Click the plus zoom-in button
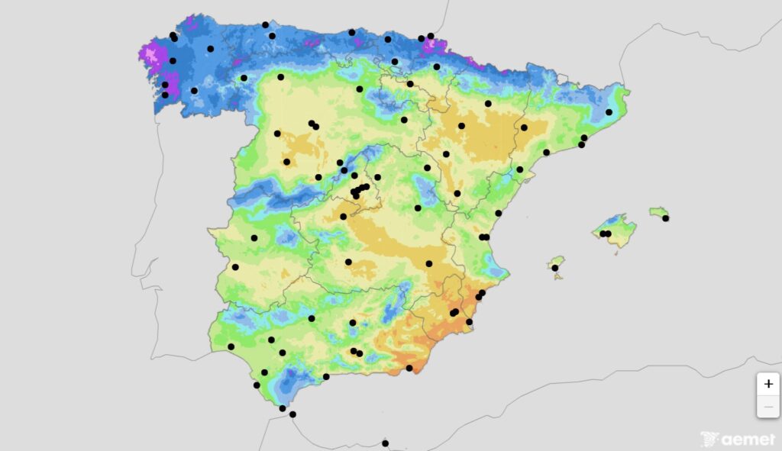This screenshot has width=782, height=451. [x=767, y=384]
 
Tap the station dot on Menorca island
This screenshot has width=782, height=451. [x=666, y=218]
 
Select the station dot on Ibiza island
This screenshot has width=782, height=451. [x=555, y=268]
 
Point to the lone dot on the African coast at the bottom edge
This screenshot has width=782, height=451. [x=385, y=443]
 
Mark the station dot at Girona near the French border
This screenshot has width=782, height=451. [x=609, y=112]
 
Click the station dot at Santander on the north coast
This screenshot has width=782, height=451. [x=351, y=32]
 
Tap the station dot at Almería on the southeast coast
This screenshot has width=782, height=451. [x=409, y=368]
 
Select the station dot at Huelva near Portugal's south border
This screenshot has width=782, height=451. [x=231, y=346]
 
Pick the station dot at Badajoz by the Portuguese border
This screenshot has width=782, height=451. [x=235, y=267]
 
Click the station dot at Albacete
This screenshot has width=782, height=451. [x=429, y=264]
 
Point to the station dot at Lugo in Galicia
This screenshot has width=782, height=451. [x=210, y=49]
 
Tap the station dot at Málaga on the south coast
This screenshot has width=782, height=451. [x=326, y=376]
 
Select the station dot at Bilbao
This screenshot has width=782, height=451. [x=388, y=39]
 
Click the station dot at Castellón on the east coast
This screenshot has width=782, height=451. [x=498, y=214]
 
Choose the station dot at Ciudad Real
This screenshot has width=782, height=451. [x=348, y=262]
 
